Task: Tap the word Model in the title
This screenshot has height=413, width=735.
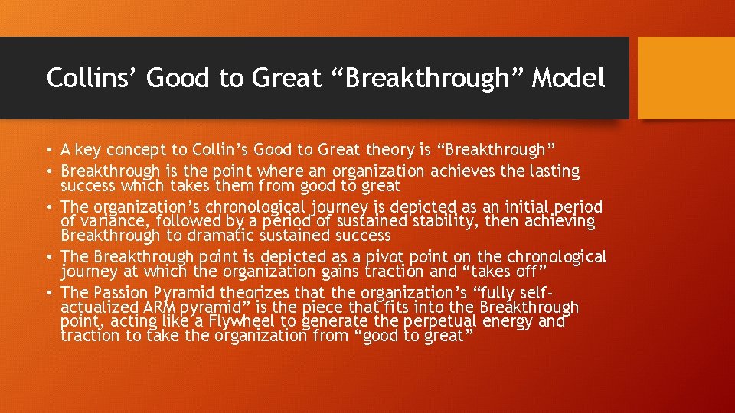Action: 569,78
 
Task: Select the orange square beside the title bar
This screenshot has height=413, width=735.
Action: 686,78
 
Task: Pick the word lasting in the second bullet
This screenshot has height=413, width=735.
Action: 551,171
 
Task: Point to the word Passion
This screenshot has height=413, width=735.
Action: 119,293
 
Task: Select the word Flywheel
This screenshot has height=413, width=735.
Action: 253,322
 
